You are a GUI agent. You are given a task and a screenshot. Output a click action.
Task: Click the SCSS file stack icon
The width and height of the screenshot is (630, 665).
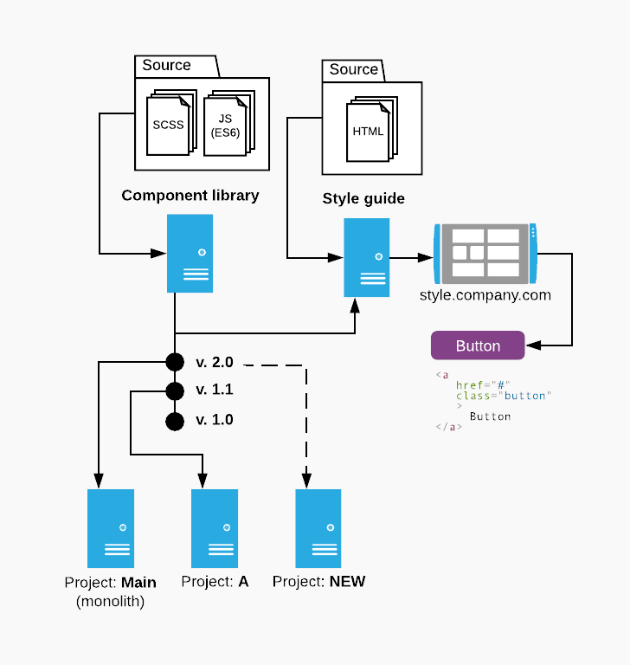(170, 124)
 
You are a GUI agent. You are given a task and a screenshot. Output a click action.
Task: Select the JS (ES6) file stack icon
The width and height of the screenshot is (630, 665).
(227, 124)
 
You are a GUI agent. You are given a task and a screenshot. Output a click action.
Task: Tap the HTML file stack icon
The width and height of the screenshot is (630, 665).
(370, 131)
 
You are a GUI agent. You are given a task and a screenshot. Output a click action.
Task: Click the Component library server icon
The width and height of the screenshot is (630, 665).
(190, 254)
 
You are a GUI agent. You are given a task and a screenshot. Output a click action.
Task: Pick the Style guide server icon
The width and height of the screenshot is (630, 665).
(366, 257)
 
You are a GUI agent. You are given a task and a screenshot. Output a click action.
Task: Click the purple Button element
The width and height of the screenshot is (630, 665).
(478, 345)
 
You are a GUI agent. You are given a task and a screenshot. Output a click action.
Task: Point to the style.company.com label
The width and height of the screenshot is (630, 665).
(485, 295)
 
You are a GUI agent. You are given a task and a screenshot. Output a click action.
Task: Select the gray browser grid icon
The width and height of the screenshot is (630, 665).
(485, 253)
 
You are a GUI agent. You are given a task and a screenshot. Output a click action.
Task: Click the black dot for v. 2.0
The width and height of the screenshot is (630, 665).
(175, 362)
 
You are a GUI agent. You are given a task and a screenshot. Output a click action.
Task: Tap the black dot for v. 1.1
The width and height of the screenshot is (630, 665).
(175, 391)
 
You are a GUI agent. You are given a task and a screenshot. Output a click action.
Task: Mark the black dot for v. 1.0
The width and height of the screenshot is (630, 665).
(175, 422)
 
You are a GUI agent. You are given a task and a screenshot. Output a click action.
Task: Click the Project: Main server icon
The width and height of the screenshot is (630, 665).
(111, 528)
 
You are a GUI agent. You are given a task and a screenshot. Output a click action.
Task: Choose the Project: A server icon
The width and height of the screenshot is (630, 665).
(214, 528)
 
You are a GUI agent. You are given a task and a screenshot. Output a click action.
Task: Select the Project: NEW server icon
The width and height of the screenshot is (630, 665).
(318, 528)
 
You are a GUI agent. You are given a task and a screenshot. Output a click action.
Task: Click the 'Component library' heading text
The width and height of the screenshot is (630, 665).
(190, 196)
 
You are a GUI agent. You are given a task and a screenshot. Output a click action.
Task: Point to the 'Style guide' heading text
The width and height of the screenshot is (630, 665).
(363, 199)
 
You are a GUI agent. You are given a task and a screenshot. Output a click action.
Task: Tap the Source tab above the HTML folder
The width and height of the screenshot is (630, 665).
(354, 70)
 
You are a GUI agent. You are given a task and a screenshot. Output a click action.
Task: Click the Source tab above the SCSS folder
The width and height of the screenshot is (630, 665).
(167, 66)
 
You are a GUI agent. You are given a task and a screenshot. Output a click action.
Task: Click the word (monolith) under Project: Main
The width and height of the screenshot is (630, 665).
(111, 601)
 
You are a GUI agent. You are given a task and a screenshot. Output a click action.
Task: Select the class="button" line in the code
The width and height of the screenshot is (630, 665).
(503, 396)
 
